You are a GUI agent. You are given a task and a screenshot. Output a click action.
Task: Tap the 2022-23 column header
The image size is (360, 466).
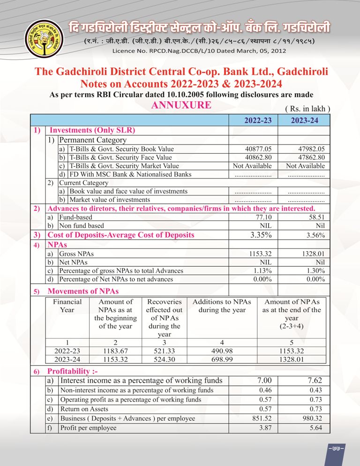coord(258,120)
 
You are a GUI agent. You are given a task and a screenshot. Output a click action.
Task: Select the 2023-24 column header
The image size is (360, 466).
coord(304,120)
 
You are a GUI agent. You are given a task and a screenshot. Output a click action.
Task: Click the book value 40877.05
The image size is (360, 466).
coord(258,149)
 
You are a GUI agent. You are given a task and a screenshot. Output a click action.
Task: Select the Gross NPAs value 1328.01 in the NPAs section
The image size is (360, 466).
coord(311,254)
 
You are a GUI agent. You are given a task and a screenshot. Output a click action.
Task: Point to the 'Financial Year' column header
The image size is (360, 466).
coord(67,306)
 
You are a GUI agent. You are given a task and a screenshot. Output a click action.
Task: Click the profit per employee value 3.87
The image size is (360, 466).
coord(265,428)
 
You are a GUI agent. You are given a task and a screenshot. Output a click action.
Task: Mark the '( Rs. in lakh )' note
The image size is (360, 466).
coord(308,109)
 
